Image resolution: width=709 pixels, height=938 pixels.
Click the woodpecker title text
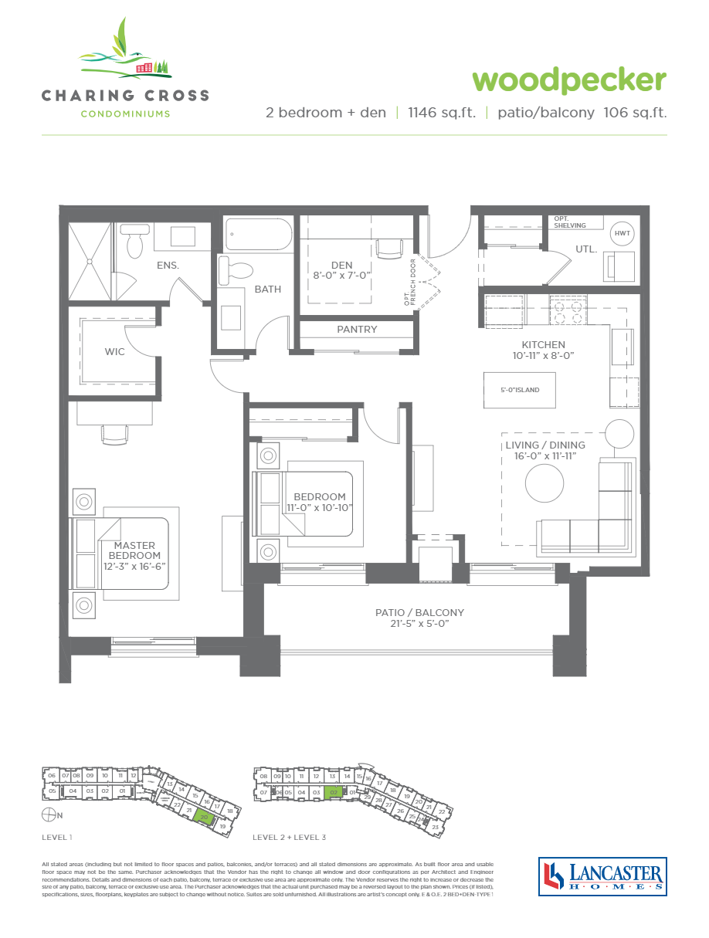point(568,80)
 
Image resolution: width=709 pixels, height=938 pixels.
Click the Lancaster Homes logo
point(602,876)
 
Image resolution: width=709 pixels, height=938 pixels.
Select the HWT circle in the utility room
point(622,233)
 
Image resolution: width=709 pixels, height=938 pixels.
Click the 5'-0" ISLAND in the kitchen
point(519,390)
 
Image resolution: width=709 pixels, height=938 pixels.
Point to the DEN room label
point(341,265)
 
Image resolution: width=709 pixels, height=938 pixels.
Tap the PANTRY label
point(357,330)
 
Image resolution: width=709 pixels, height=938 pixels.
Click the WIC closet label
point(115,351)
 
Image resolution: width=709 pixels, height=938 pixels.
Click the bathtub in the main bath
point(258,234)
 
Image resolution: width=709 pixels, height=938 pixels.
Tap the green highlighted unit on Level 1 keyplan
point(204,817)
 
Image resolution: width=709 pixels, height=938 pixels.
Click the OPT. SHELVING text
point(570,222)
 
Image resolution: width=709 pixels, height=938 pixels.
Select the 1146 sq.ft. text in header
point(441,113)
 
